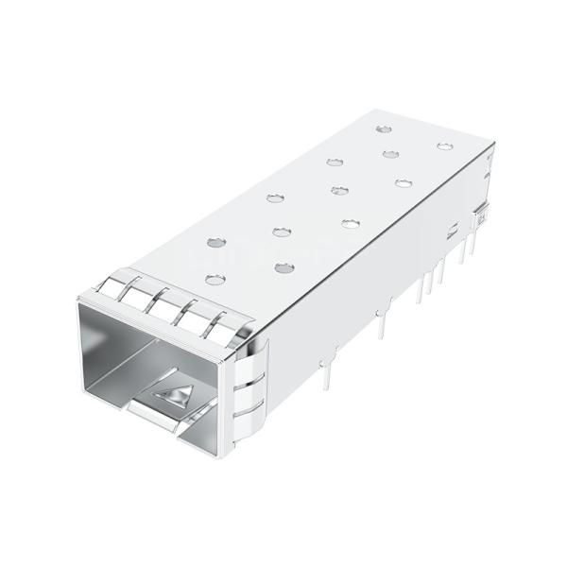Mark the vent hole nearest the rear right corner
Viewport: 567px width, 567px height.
(x=444, y=146)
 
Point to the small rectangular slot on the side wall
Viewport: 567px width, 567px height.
(x=455, y=226)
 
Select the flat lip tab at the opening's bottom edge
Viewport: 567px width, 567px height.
(x=151, y=416)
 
